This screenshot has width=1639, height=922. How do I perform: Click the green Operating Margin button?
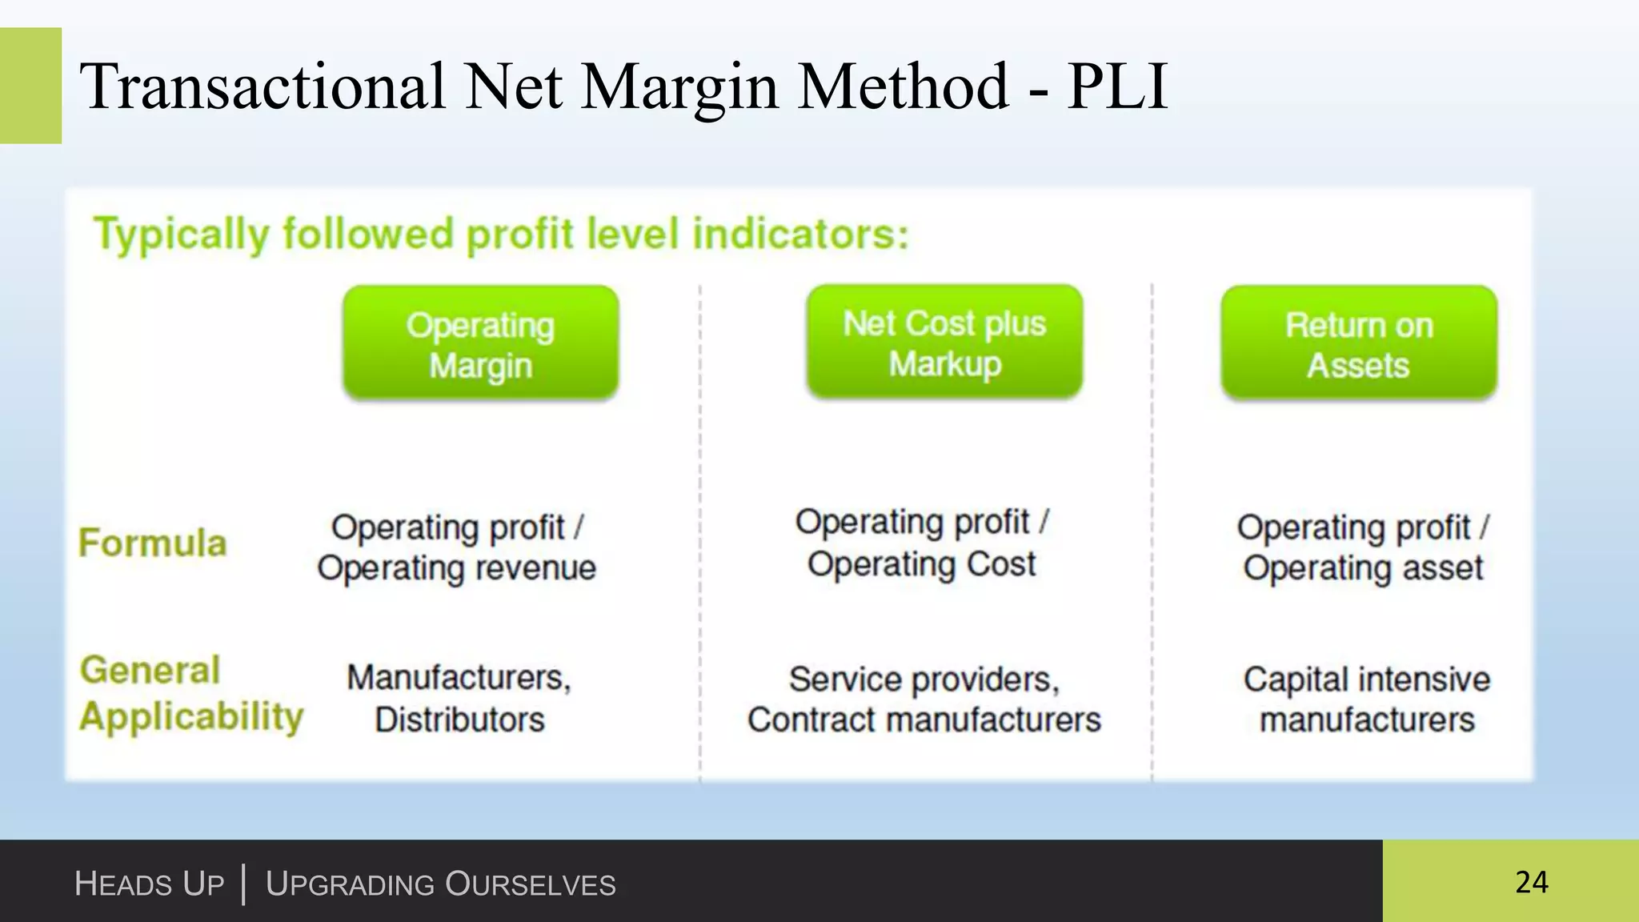pyautogui.click(x=480, y=344)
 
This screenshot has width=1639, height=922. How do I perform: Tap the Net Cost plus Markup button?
pyautogui.click(x=944, y=343)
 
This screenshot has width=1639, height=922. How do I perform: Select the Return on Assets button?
pyautogui.click(x=1358, y=344)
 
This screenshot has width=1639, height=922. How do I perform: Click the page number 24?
pyautogui.click(x=1531, y=882)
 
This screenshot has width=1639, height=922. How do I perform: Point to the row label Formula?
pyautogui.click(x=152, y=543)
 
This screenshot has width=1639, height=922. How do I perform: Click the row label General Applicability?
pyautogui.click(x=190, y=693)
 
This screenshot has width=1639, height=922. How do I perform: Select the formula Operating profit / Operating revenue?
pyautogui.click(x=457, y=547)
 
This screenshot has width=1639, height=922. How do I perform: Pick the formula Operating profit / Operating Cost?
pyautogui.click(x=922, y=543)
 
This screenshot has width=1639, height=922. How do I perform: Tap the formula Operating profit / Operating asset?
pyautogui.click(x=1363, y=547)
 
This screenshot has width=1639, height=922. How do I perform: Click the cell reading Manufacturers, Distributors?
pyautogui.click(x=459, y=698)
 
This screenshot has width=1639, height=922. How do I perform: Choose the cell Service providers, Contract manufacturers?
pyautogui.click(x=924, y=699)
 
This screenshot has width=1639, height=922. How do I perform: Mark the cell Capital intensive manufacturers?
pyautogui.click(x=1366, y=699)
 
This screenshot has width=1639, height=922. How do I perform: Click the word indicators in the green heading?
pyautogui.click(x=800, y=235)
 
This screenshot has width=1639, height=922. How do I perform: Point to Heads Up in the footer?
pyautogui.click(x=149, y=884)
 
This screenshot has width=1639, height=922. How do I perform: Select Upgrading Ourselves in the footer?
pyautogui.click(x=440, y=884)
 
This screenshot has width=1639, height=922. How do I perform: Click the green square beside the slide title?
pyautogui.click(x=30, y=86)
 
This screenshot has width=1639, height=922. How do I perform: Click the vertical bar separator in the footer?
pyautogui.click(x=243, y=884)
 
